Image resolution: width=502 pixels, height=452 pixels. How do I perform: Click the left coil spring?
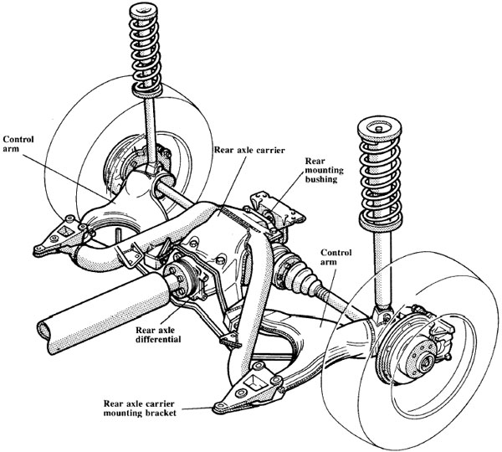147,50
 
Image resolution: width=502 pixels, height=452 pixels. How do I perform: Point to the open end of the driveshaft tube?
50,336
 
